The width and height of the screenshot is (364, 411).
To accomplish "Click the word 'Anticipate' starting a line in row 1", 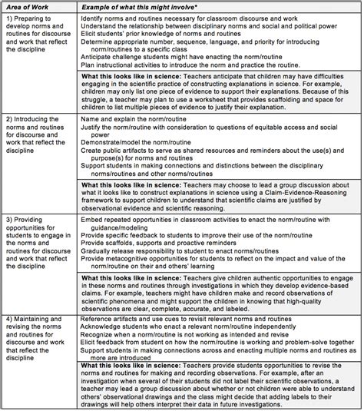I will click(x=108, y=65).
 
